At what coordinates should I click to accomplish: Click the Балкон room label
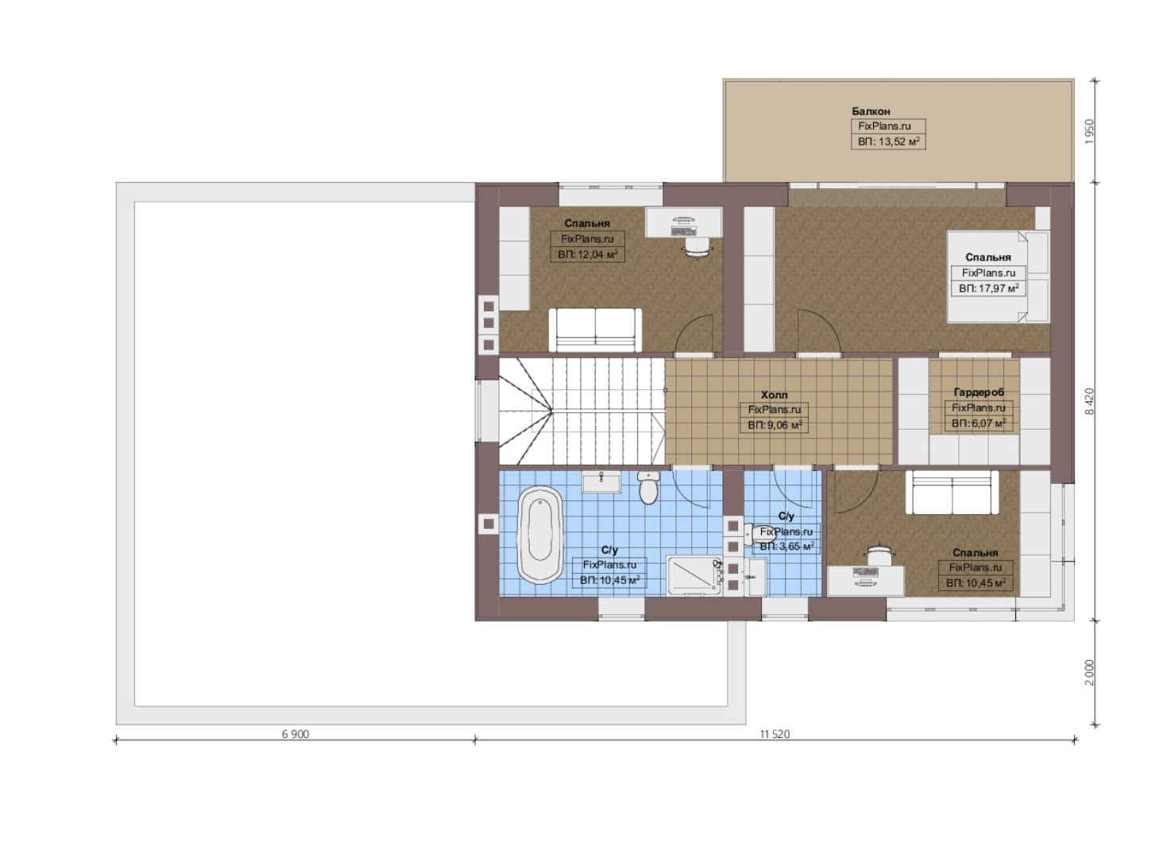871,111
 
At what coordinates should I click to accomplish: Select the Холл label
774,396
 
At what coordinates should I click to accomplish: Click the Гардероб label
979,392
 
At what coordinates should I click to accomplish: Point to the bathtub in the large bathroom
539,535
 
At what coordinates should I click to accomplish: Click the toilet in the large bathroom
648,487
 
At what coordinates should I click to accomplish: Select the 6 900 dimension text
296,734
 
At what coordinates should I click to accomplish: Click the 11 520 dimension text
775,734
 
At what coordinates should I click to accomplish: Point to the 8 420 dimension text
1089,401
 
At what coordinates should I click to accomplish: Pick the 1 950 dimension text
1089,132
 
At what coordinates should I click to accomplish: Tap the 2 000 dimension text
1089,673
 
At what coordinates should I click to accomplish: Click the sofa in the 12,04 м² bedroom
595,330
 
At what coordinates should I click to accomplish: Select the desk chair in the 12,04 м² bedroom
698,247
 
